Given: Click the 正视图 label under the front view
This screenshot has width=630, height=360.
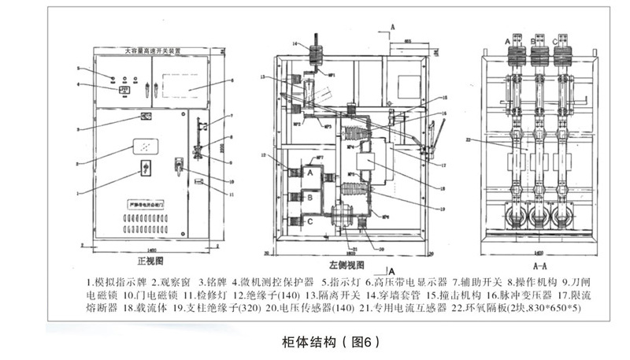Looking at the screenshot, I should pos(149,259).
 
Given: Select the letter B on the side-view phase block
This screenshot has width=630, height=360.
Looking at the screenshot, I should pos(310,197).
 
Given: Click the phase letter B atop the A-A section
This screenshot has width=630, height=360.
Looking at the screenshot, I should pos(539,39).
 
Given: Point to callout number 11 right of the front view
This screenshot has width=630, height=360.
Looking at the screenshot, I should pos(232,192).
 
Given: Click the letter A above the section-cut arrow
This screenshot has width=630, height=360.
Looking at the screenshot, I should pos(392,26).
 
